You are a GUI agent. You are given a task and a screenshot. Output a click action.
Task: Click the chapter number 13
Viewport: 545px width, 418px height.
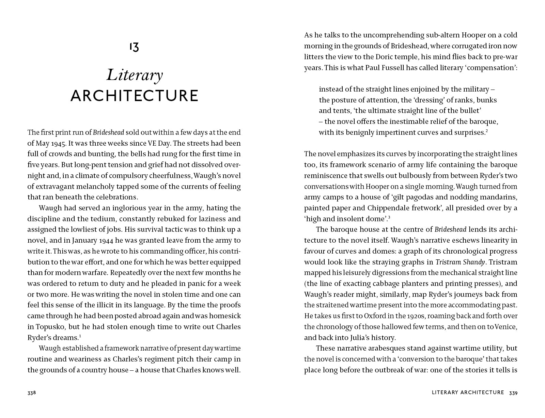point(134,47)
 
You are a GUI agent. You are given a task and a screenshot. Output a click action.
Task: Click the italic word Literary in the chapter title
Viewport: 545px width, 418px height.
point(135,76)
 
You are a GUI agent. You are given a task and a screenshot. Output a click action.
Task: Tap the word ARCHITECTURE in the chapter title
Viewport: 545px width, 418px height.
point(135,96)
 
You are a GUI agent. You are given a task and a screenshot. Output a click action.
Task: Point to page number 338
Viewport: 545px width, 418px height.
point(31,393)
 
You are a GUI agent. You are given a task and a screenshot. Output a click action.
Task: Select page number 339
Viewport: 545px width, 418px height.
point(513,393)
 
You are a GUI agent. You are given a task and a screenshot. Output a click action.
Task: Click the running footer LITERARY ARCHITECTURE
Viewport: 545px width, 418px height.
point(468,392)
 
